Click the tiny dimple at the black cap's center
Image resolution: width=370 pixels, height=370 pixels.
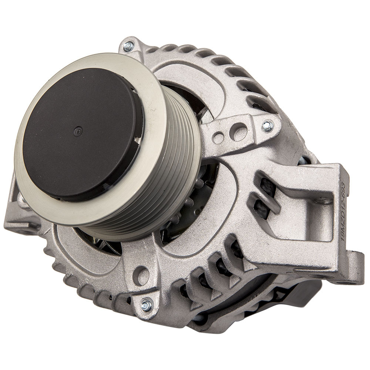point(77,130)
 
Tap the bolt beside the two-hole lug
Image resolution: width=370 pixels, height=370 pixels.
point(267,126)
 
